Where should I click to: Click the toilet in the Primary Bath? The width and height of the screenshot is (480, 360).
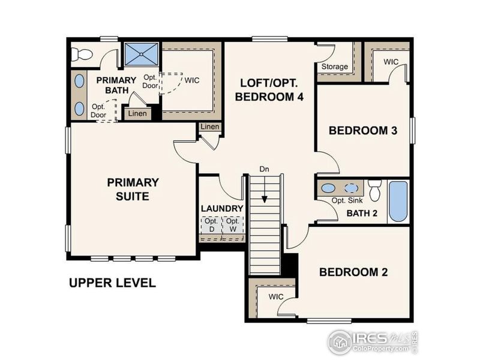click(x=81, y=54)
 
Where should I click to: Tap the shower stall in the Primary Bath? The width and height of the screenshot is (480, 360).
click(x=142, y=54)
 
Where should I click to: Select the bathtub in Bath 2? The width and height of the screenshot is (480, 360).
click(x=398, y=201)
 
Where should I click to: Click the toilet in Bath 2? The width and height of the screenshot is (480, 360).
click(x=375, y=191)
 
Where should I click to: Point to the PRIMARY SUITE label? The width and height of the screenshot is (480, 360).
click(x=133, y=189)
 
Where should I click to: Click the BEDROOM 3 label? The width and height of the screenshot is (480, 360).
click(x=363, y=130)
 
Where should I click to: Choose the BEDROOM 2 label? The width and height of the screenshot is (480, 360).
click(x=353, y=272)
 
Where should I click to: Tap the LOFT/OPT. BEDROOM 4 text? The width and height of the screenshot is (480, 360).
click(x=268, y=89)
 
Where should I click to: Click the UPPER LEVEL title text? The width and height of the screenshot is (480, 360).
click(x=112, y=283)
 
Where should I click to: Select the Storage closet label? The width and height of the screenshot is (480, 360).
click(x=335, y=66)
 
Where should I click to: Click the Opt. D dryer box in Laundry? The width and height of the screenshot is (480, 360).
click(x=211, y=226)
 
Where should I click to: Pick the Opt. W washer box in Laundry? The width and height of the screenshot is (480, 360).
click(x=233, y=226)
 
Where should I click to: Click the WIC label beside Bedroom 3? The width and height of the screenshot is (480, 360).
click(x=391, y=62)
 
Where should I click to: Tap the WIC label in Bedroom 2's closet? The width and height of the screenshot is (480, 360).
click(x=276, y=296)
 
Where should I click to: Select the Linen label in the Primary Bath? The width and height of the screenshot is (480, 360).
click(x=137, y=113)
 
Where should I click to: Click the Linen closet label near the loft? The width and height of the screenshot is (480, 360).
click(x=210, y=127)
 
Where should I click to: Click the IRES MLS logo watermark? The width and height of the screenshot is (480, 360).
click(x=372, y=342)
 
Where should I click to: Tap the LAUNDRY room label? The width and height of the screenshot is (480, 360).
click(x=222, y=208)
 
